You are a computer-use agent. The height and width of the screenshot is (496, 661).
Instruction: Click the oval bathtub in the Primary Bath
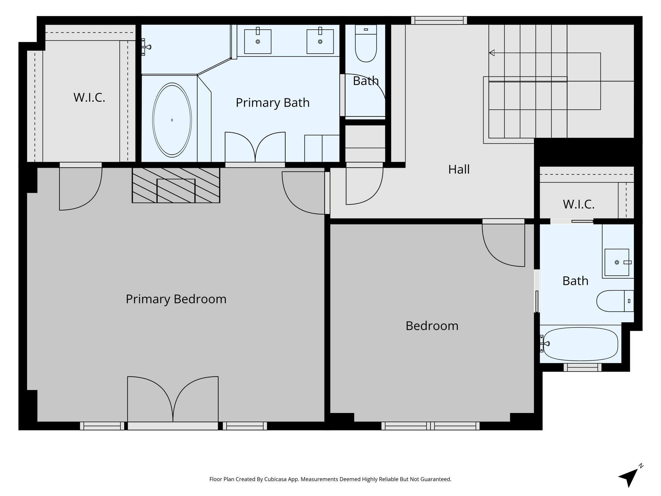click(172, 120)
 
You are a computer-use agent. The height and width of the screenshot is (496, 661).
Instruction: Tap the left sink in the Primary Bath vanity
click(258, 41)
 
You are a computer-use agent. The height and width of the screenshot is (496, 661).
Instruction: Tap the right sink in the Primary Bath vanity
click(320, 41)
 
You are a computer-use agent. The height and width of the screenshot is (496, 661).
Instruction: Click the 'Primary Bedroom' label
click(176, 299)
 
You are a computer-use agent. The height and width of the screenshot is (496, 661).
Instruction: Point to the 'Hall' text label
click(459, 169)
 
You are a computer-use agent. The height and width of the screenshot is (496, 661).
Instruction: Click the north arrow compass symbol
click(629, 478)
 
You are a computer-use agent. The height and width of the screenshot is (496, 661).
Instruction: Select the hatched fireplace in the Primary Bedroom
click(176, 185)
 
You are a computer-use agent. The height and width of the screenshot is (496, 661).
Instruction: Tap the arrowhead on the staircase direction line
click(492, 53)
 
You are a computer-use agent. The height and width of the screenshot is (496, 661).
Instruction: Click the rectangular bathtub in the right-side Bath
click(580, 344)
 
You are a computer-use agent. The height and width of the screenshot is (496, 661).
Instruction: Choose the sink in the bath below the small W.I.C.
click(617, 262)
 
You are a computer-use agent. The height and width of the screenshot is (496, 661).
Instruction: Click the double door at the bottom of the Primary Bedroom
click(173, 400)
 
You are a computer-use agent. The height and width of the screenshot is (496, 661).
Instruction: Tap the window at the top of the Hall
click(439, 20)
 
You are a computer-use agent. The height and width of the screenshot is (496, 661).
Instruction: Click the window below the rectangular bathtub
click(582, 367)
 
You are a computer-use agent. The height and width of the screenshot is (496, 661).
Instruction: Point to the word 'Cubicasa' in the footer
click(275, 479)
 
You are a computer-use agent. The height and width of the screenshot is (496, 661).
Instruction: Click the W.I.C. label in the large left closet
click(89, 98)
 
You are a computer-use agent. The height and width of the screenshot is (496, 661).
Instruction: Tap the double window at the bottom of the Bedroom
click(430, 426)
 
